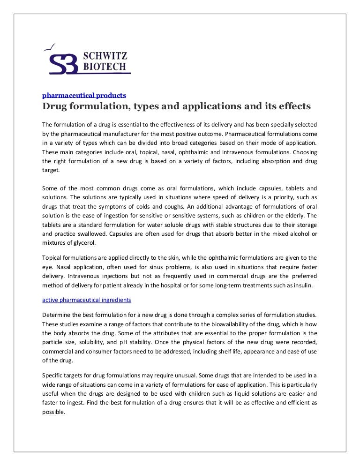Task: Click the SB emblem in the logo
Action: coord(64,62)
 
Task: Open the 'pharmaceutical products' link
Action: coord(84,95)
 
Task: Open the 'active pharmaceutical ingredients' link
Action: coord(87,299)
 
